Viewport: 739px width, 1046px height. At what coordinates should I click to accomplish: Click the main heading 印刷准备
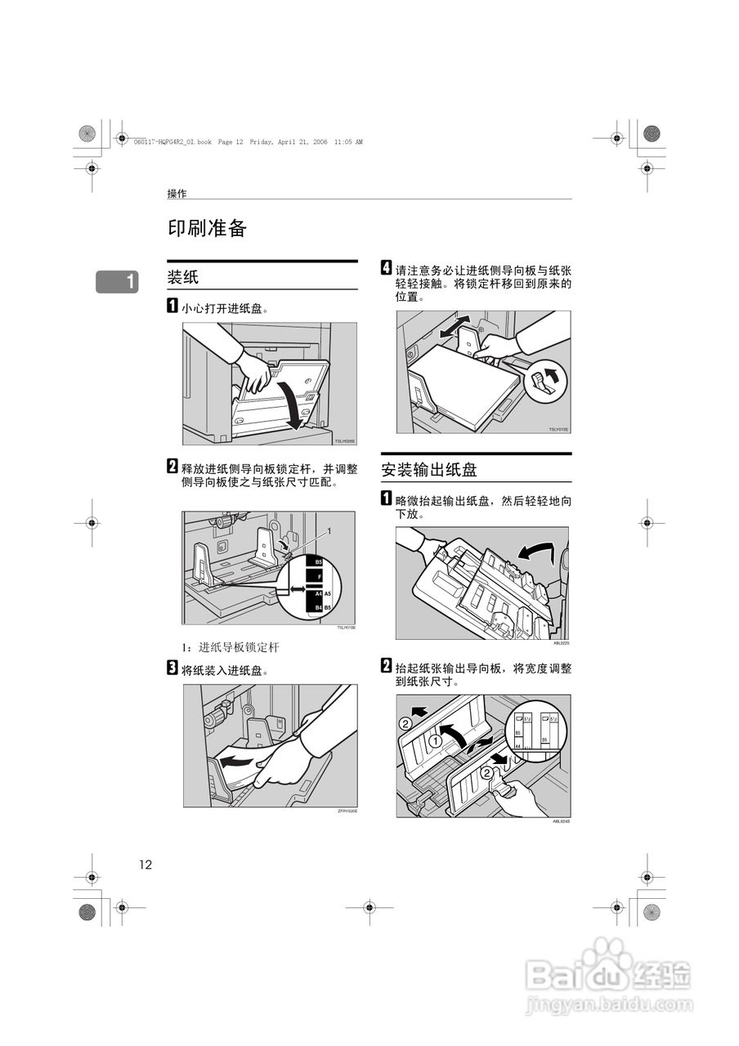(x=207, y=229)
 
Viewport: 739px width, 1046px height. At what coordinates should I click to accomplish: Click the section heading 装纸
(x=183, y=277)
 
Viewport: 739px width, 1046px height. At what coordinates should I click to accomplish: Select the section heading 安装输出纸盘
(x=428, y=469)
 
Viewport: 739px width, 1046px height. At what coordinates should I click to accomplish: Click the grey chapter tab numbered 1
(x=117, y=282)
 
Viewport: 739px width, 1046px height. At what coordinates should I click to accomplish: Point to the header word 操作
(x=177, y=194)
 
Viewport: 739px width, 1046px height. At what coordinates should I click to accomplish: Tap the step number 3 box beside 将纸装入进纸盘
(x=172, y=669)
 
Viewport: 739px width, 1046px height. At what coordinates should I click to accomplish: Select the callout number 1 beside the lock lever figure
(x=329, y=530)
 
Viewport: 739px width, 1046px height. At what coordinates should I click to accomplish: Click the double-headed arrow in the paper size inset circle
(x=291, y=589)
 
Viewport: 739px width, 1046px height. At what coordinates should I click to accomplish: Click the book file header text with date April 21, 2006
(x=247, y=141)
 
